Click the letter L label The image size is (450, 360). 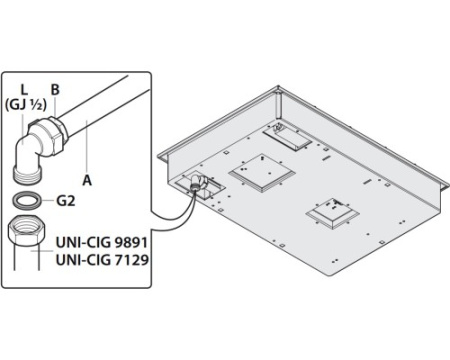[24, 90]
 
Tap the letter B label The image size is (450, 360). [55, 90]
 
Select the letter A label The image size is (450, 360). [87, 180]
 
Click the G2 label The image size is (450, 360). [66, 201]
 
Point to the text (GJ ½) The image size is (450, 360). [25, 105]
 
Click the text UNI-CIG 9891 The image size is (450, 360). [102, 243]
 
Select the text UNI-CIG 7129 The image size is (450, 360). [102, 260]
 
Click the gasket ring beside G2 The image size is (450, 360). [27, 200]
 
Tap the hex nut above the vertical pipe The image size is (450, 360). [27, 231]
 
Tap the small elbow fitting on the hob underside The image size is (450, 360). [198, 183]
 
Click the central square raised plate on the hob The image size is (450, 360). [261, 173]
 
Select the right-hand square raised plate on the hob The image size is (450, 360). [333, 214]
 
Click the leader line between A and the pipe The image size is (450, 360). [87, 147]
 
